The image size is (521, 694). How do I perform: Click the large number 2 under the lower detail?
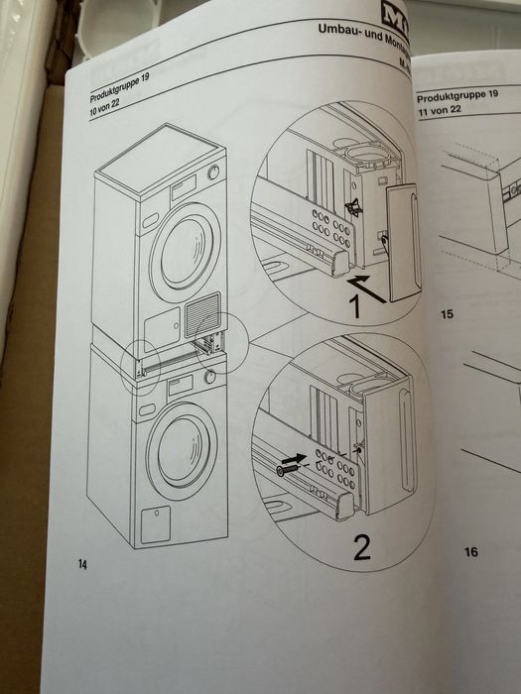point(360,544)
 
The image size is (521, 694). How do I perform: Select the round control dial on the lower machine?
point(209,378)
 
